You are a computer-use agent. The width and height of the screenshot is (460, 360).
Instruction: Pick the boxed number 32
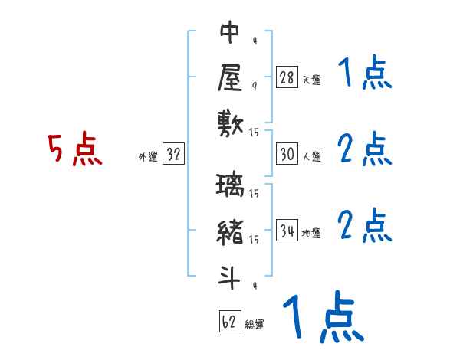tap(173, 154)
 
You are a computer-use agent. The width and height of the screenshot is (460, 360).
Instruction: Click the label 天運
tap(311, 80)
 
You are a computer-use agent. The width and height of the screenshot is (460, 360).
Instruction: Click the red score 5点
tap(74, 149)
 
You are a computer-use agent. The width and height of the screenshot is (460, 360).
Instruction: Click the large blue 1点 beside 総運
tap(322, 316)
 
